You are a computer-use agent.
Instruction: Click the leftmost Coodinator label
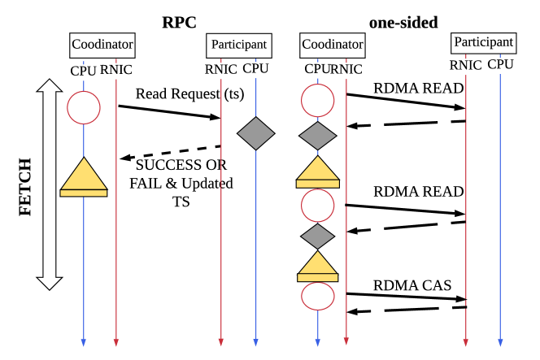pyautogui.click(x=102, y=46)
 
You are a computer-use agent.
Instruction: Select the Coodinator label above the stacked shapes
pyautogui.click(x=332, y=46)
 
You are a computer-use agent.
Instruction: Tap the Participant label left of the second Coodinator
pyautogui.click(x=238, y=46)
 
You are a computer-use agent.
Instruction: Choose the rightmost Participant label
pyautogui.click(x=483, y=43)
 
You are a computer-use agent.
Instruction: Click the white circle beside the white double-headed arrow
pyautogui.click(x=84, y=107)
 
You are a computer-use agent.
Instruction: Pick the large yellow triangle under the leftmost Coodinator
pyautogui.click(x=84, y=174)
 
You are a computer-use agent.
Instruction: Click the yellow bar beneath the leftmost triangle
pyautogui.click(x=84, y=193)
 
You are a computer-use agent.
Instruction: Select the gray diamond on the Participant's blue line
pyautogui.click(x=256, y=133)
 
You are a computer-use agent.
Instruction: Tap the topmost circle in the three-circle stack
pyautogui.click(x=318, y=100)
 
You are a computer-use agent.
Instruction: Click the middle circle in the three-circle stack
pyautogui.click(x=318, y=206)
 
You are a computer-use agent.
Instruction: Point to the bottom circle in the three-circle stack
pyautogui.click(x=318, y=296)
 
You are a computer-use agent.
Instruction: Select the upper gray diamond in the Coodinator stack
pyautogui.click(x=318, y=135)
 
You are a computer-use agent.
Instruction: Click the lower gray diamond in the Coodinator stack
pyautogui.click(x=318, y=236)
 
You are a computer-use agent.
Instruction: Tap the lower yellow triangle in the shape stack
pyautogui.click(x=318, y=263)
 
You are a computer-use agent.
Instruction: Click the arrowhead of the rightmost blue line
pyautogui.click(x=500, y=342)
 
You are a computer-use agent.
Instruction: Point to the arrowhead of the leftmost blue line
pyautogui.click(x=83, y=342)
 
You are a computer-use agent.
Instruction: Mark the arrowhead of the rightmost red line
pyautogui.click(x=465, y=342)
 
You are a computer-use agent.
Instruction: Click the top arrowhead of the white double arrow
pyautogui.click(x=50, y=86)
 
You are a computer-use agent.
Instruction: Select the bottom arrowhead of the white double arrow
pyautogui.click(x=50, y=282)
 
